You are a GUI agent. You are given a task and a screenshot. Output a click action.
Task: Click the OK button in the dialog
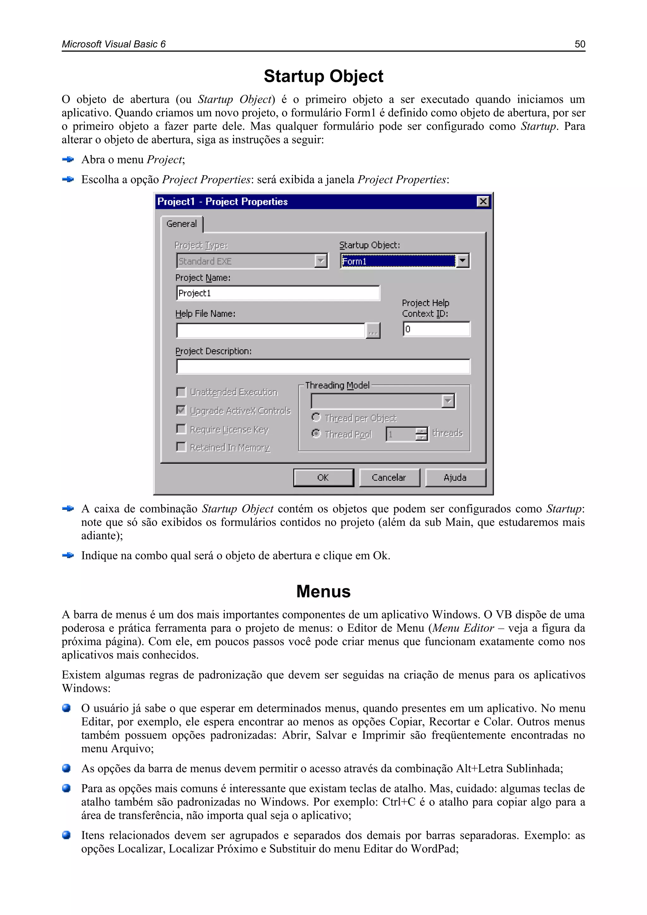[323, 478]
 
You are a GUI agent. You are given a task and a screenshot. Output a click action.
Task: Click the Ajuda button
[455, 478]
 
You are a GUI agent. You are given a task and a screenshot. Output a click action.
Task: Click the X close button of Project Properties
[483, 201]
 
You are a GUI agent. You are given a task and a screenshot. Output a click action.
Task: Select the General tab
[182, 224]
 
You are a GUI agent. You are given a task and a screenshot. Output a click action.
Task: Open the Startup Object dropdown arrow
[462, 261]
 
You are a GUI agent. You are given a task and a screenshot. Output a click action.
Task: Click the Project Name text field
[278, 293]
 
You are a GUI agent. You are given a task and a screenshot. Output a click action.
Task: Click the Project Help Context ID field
[436, 329]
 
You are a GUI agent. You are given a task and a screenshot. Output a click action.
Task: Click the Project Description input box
[323, 367]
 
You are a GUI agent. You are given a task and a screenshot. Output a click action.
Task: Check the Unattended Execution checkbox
[181, 392]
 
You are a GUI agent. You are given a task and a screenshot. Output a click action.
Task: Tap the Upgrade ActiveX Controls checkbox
[181, 410]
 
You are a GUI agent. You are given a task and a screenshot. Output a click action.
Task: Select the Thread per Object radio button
[316, 417]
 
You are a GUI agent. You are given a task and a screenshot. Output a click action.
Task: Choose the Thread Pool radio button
[316, 434]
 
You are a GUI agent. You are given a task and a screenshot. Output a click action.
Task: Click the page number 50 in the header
[580, 44]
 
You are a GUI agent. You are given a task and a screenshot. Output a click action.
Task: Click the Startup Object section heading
[323, 76]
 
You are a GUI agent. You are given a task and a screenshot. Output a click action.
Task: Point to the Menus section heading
[323, 591]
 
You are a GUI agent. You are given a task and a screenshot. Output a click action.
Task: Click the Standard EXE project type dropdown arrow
[321, 261]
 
